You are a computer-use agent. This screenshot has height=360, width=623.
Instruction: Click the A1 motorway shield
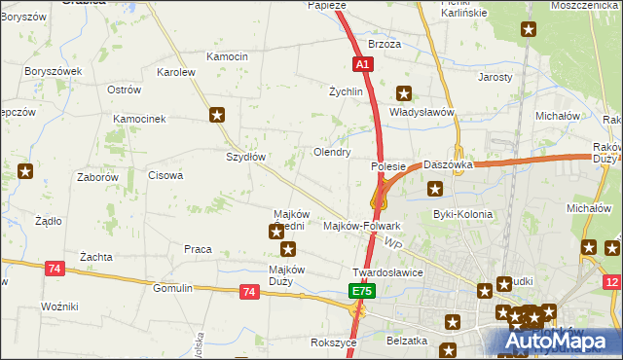click(362, 64)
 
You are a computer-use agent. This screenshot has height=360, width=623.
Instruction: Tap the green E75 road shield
click(362, 291)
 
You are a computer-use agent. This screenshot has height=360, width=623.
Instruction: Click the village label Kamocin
click(228, 57)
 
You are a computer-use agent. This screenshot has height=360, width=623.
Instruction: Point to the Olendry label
click(331, 153)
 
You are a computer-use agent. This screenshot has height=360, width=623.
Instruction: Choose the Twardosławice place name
click(387, 273)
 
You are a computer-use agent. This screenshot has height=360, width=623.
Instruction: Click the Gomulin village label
click(174, 289)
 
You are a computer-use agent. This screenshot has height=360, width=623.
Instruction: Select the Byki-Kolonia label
click(462, 214)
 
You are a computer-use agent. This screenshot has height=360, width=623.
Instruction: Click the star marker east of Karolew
click(217, 115)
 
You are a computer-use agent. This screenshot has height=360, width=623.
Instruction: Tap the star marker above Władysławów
click(404, 93)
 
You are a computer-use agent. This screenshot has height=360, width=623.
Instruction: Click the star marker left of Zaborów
click(25, 172)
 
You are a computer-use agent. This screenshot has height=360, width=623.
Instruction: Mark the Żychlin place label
click(346, 91)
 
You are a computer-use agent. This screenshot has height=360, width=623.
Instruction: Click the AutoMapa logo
click(561, 342)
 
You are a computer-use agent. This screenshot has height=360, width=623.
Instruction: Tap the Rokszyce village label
click(332, 342)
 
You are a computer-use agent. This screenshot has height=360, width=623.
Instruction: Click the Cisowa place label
click(165, 176)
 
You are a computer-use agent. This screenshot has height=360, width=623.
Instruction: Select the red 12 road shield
click(610, 281)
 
